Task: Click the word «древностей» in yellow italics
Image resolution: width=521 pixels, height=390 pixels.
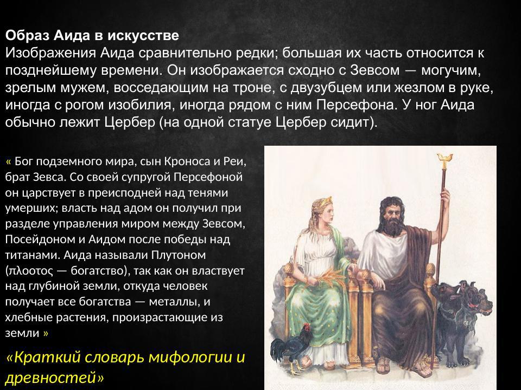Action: click(x=54, y=377)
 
